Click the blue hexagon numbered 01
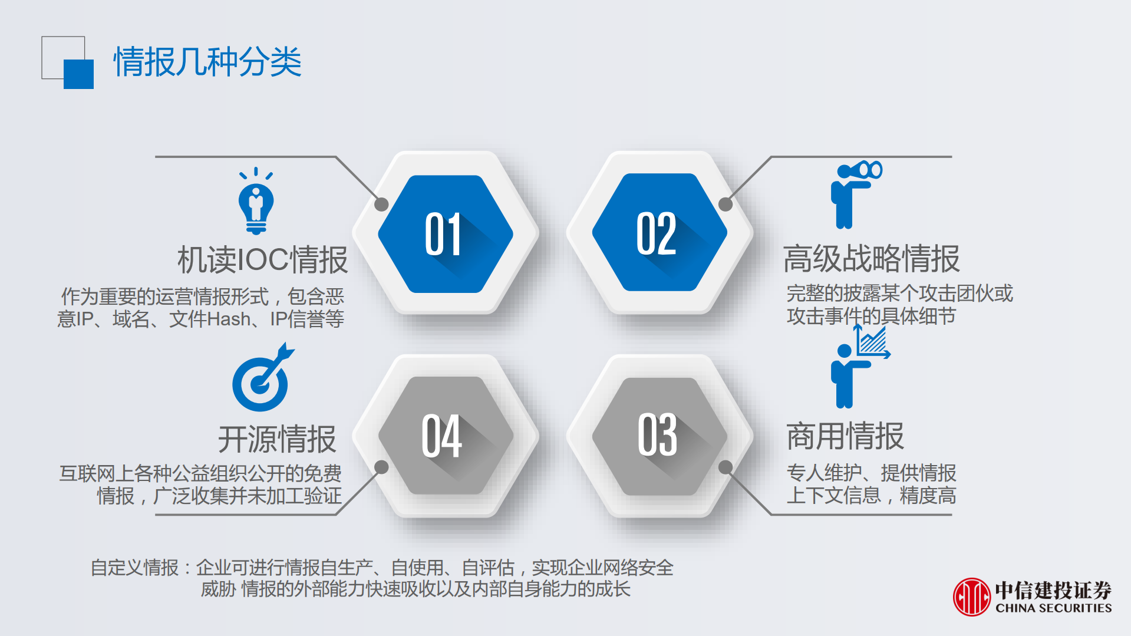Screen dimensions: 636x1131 445,234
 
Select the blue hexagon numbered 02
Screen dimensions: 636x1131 659,233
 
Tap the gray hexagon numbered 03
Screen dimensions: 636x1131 659,436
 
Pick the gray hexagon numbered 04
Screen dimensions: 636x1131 445,436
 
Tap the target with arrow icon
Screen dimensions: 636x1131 262,379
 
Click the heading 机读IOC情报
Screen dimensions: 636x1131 262,260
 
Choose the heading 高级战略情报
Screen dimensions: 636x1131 871,259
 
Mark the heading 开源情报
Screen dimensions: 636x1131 276,439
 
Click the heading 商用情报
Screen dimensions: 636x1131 845,437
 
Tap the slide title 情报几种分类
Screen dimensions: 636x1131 207,61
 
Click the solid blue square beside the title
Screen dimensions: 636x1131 78,74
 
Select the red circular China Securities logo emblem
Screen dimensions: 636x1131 971,597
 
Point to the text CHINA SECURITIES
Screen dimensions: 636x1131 1053,608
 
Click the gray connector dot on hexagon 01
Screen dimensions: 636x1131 381,205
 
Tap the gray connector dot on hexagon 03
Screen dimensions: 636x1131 726,467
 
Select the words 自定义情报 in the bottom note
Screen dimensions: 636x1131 134,568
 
